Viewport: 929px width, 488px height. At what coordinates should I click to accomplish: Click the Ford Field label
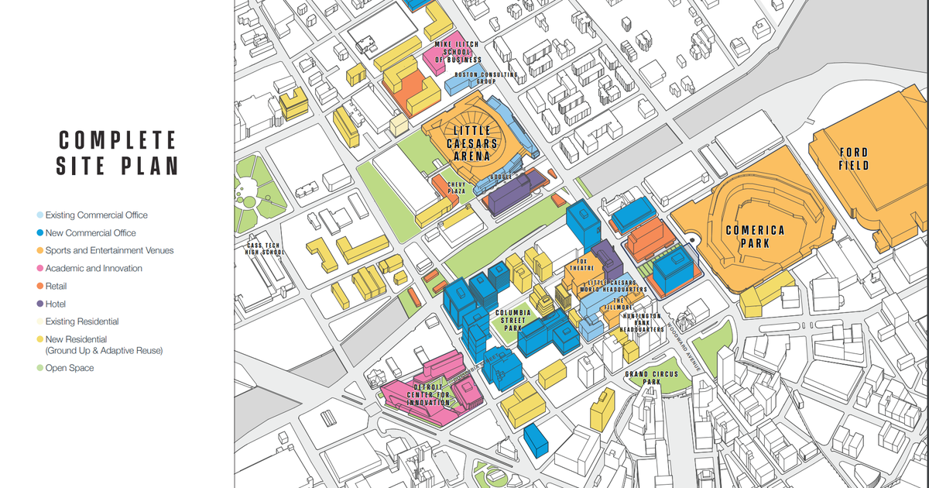coord(854,159)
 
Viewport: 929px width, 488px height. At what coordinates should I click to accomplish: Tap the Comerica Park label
coord(755,236)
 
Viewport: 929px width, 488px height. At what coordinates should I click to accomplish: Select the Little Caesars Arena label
coord(472,143)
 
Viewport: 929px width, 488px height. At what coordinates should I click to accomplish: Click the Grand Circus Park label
coord(652,378)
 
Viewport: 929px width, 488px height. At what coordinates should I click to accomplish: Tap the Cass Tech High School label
coord(263,248)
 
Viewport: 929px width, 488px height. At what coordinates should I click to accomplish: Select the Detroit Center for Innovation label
coord(427,395)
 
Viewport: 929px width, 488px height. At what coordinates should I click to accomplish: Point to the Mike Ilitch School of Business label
coord(458,52)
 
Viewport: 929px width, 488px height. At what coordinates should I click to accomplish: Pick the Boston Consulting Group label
coord(485,77)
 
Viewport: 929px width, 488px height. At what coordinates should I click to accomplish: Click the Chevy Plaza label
coord(457,187)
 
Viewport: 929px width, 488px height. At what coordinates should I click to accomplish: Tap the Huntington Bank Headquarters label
coord(641,322)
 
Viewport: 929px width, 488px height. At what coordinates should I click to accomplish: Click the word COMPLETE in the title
coord(118,140)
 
